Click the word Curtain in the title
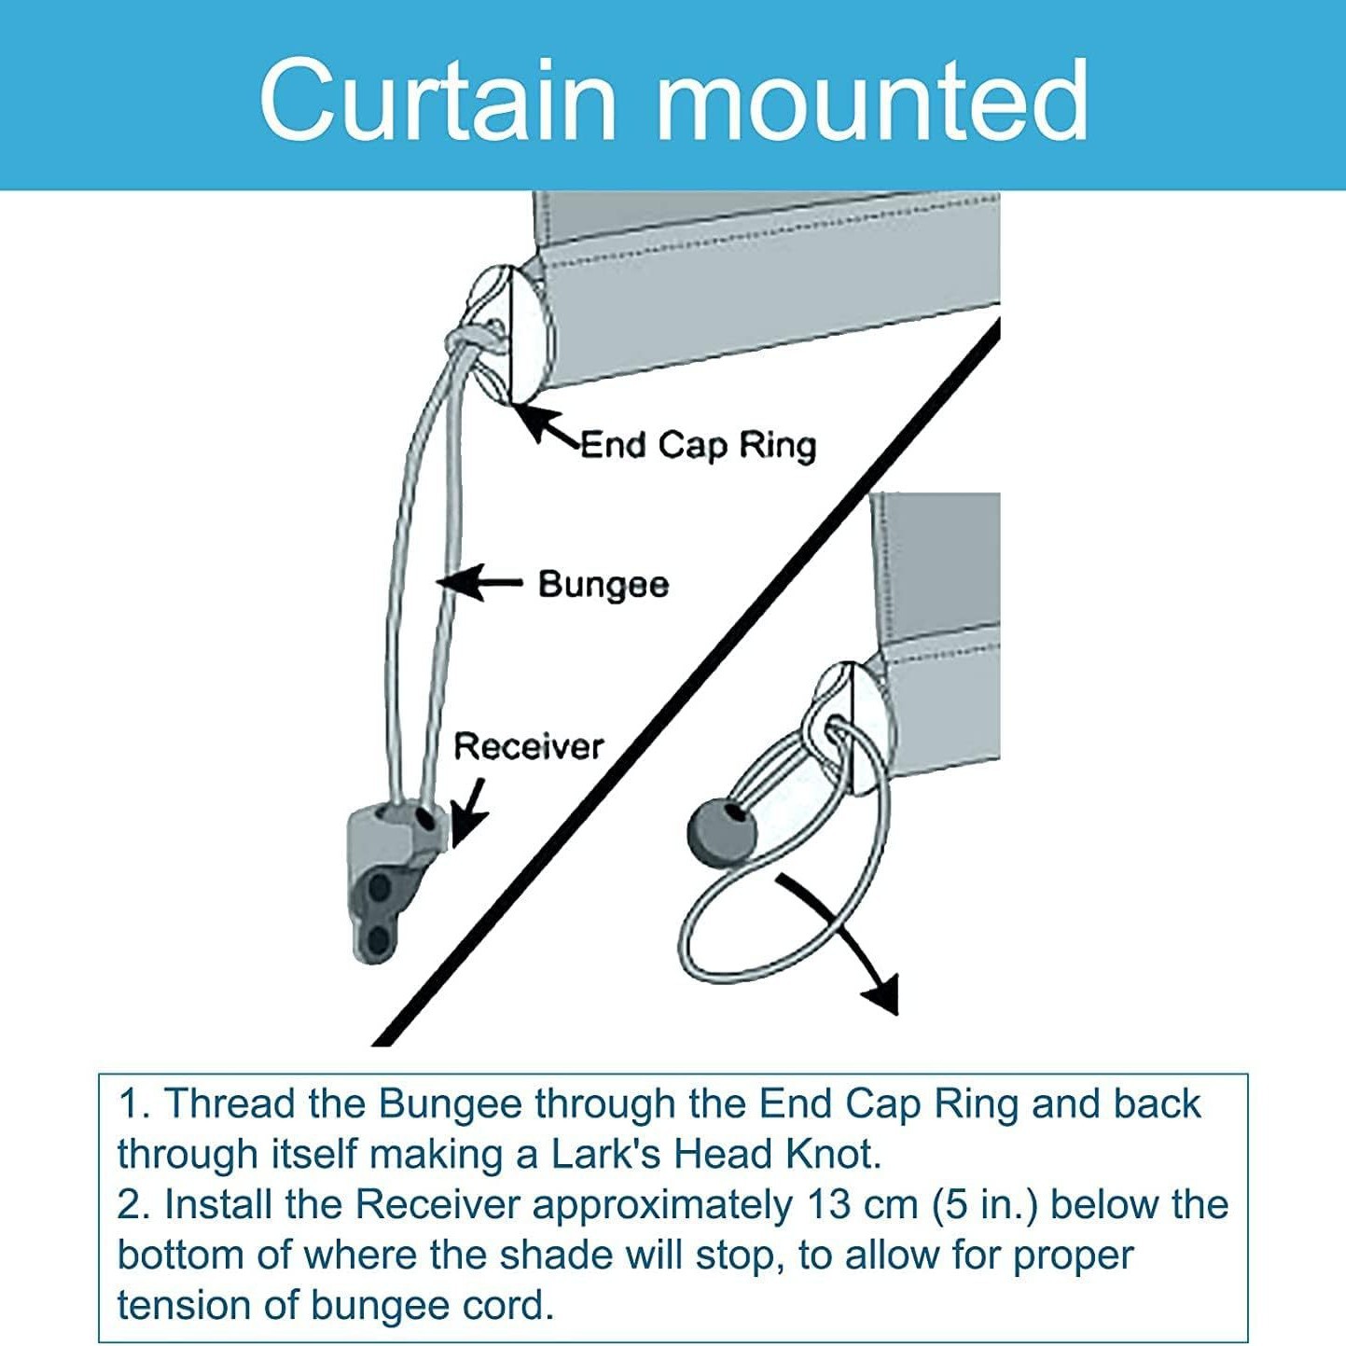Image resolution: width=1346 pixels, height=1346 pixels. [x=438, y=99]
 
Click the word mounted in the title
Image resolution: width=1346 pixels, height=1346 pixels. [x=872, y=99]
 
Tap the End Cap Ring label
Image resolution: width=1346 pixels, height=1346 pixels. [x=698, y=445]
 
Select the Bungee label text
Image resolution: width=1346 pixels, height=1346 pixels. [x=604, y=585]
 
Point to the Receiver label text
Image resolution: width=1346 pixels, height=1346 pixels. [x=528, y=746]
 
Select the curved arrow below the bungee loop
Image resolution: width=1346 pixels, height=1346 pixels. [x=845, y=942]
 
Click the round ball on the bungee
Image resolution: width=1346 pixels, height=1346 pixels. [x=722, y=830]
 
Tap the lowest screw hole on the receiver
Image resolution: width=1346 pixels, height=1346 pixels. [x=376, y=937]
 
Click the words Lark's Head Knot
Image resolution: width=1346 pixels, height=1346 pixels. [x=715, y=1154]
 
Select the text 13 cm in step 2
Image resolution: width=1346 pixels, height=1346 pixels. [x=862, y=1204]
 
